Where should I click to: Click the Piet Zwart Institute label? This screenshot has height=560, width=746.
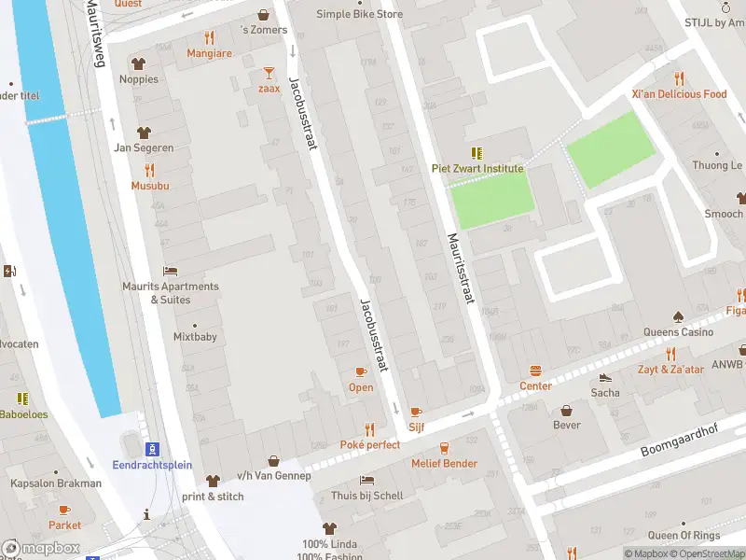click(477, 169)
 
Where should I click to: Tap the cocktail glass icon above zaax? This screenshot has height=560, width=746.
click(269, 72)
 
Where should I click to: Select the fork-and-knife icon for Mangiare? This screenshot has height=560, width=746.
click(209, 38)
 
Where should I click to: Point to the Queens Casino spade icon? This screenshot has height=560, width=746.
click(678, 316)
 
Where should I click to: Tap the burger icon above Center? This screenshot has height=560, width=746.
click(535, 371)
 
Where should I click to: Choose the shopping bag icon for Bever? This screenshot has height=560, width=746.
click(566, 411)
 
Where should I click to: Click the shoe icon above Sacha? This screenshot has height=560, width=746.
click(605, 377)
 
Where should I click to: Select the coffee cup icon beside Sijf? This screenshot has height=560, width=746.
click(416, 411)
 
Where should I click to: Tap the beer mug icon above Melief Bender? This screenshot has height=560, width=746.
click(444, 448)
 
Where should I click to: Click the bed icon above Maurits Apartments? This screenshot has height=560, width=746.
click(170, 271)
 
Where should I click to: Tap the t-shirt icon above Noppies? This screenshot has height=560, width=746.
click(139, 63)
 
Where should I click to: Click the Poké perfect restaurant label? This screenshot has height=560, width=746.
click(369, 444)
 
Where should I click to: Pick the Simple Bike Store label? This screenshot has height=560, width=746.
click(359, 14)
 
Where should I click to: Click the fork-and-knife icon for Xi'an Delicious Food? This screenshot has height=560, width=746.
click(678, 78)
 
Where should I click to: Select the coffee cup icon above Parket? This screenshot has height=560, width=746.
click(64, 510)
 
